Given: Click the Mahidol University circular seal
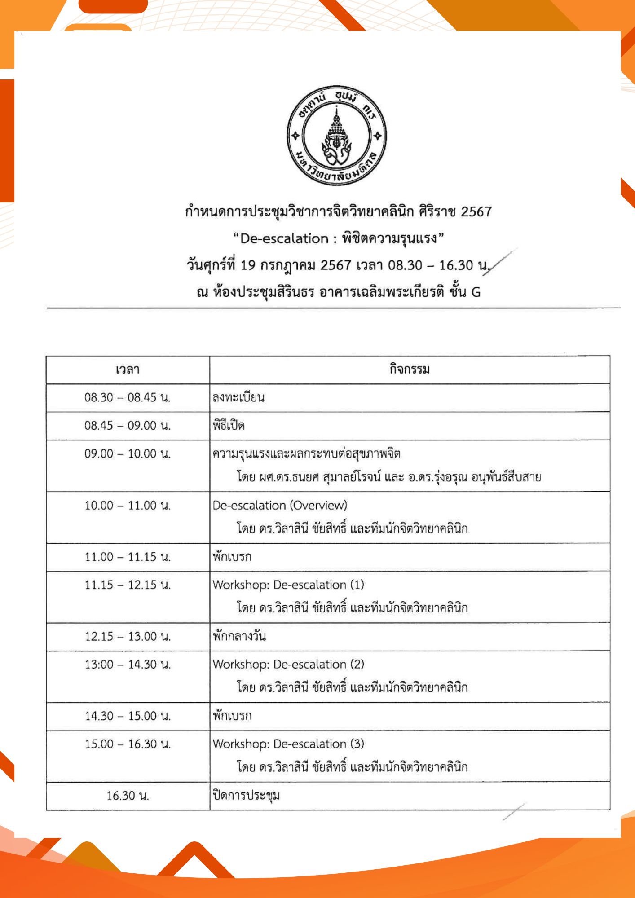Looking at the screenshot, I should (336, 135).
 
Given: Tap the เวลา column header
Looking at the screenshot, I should (128, 370).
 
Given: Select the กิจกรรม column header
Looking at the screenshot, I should (410, 370).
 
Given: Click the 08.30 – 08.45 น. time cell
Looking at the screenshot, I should (128, 398).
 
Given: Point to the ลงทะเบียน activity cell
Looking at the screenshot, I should (238, 398).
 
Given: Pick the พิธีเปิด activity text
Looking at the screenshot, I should (229, 426).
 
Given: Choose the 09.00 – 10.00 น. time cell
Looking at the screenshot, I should (128, 454).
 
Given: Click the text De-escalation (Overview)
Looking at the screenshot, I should (280, 506).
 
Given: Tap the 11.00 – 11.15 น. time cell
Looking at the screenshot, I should (128, 557).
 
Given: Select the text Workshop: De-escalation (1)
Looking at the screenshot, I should (288, 585).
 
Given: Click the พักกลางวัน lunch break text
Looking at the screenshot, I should (239, 637).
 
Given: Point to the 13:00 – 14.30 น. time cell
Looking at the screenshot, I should (128, 665).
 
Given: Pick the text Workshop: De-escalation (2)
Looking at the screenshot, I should (288, 665).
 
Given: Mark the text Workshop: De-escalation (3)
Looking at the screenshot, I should (288, 744).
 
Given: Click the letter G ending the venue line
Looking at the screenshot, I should (476, 293).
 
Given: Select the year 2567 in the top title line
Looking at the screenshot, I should (476, 212).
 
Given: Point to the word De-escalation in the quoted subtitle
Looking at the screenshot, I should (284, 239).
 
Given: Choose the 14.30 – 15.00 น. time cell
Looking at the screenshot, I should (128, 716).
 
